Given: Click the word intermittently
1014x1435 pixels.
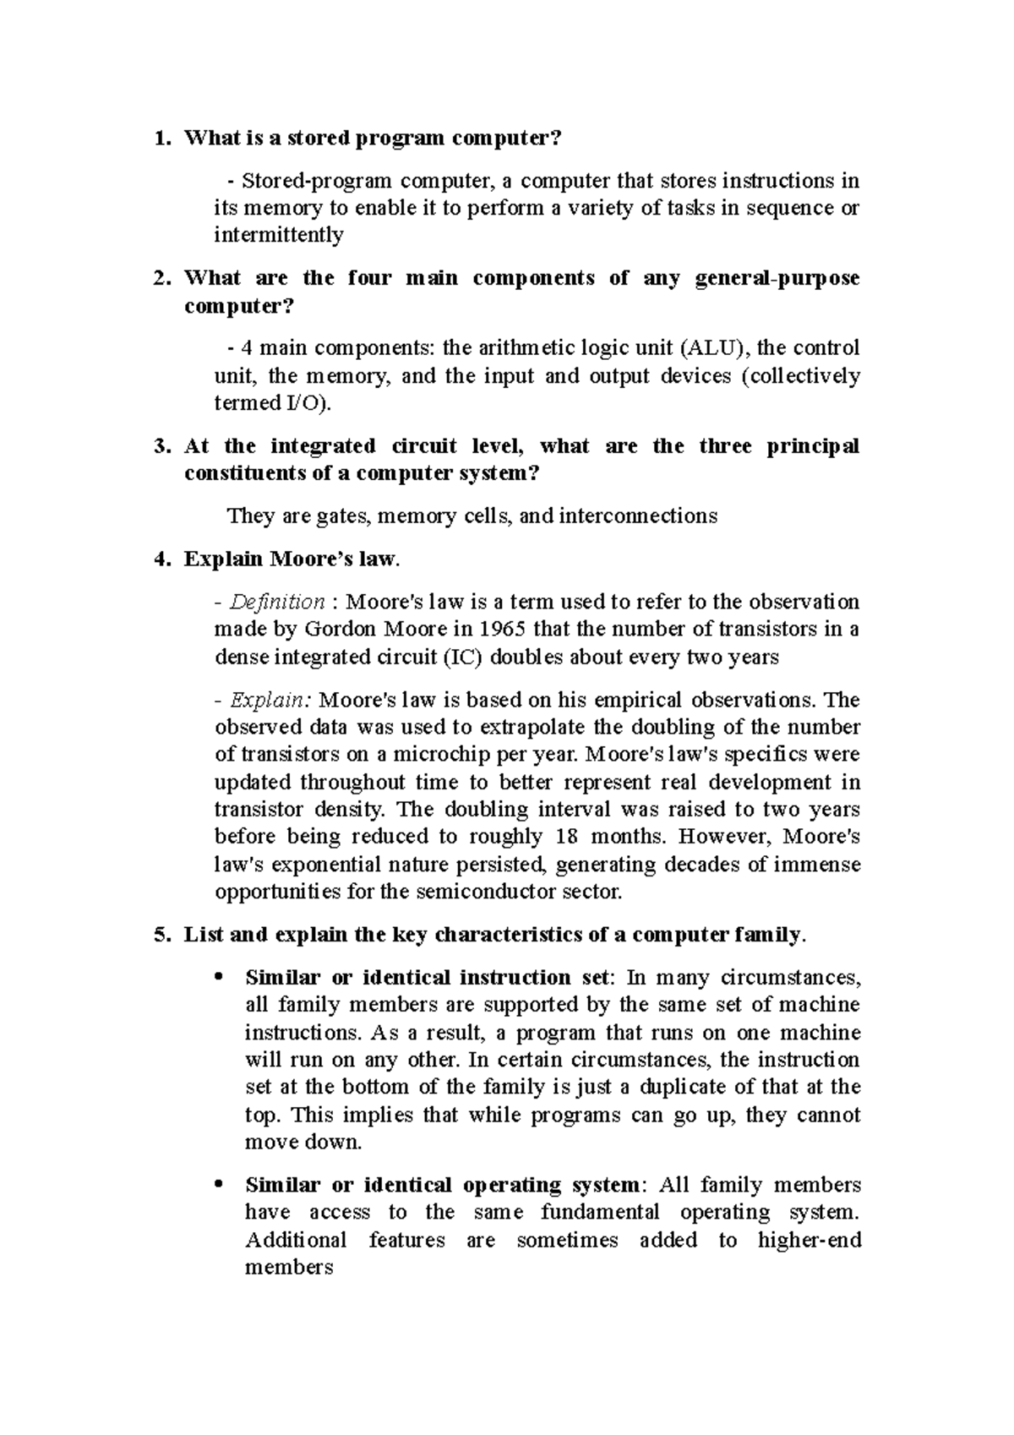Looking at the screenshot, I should coord(279,235).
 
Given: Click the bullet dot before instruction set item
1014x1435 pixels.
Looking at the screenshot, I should coord(220,978).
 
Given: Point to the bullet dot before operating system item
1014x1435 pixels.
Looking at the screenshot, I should coord(220,1185).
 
